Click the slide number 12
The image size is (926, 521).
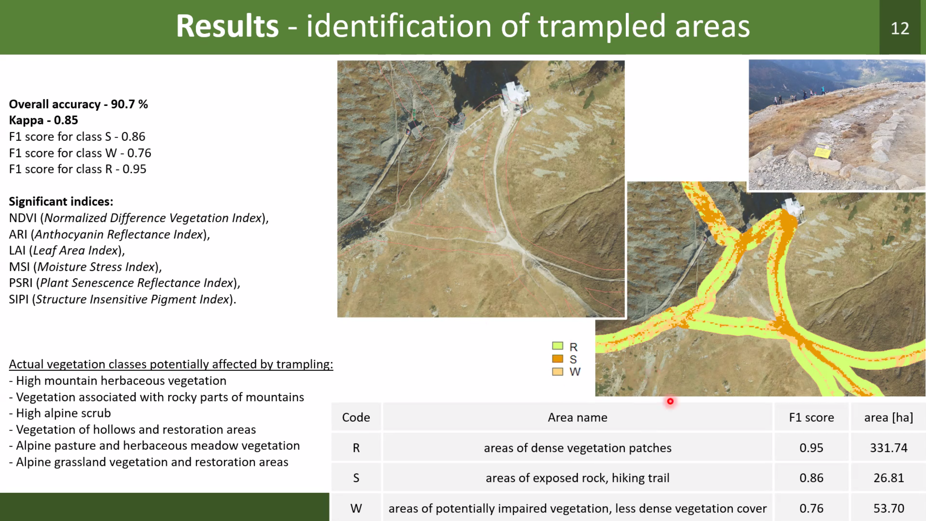[x=900, y=28]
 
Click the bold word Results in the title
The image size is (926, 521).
[x=227, y=26]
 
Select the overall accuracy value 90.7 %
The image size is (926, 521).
[x=129, y=104]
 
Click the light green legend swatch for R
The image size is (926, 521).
[x=557, y=346]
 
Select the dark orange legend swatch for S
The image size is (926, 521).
[x=557, y=359]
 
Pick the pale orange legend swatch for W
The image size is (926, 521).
[x=557, y=371]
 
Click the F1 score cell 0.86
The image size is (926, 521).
[x=811, y=478]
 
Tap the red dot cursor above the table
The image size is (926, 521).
[x=670, y=401]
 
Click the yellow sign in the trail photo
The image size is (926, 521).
[x=822, y=151]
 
